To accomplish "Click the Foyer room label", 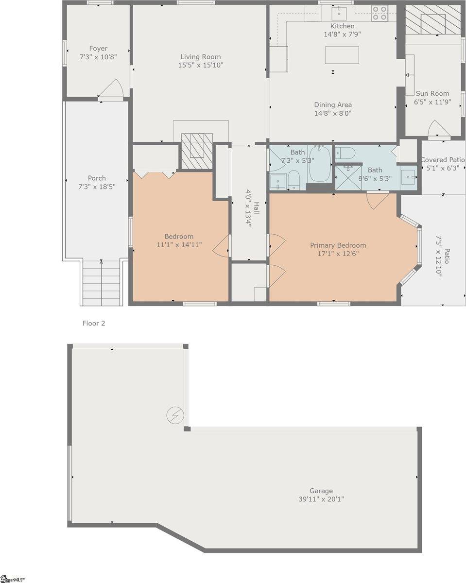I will pos(98,49).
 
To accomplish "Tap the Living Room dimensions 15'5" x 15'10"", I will pos(201,65).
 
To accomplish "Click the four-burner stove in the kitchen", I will pos(380,13).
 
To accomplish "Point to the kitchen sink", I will pos(339,13).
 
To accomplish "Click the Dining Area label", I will pos(333,105).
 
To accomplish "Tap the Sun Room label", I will pos(432,94).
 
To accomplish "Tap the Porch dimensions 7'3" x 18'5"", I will pos(97,187).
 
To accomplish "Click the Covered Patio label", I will pos(443,160).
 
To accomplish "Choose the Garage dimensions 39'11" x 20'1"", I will pos(321,499).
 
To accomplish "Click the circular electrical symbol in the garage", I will pos(174,415).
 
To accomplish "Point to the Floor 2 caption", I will pos(94,323).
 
